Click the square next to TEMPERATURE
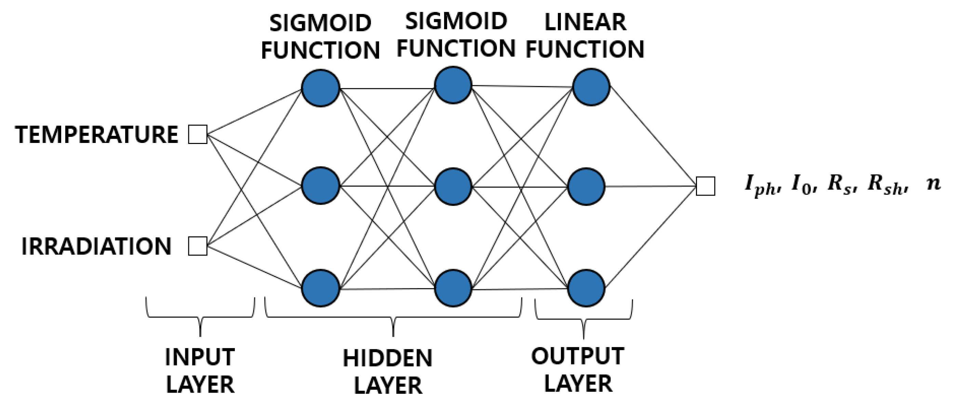[198, 135]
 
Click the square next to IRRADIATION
[198, 246]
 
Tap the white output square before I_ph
[706, 186]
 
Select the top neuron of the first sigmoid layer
[321, 88]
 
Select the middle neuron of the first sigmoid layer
[321, 186]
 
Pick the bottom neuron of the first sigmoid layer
[321, 288]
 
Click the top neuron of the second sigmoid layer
[453, 85]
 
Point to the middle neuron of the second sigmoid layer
[453, 186]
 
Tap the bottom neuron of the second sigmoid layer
[453, 288]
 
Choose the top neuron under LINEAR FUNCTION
[591, 87]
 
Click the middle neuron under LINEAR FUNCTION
[586, 186]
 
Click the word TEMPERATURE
[97, 135]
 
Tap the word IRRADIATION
[96, 246]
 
